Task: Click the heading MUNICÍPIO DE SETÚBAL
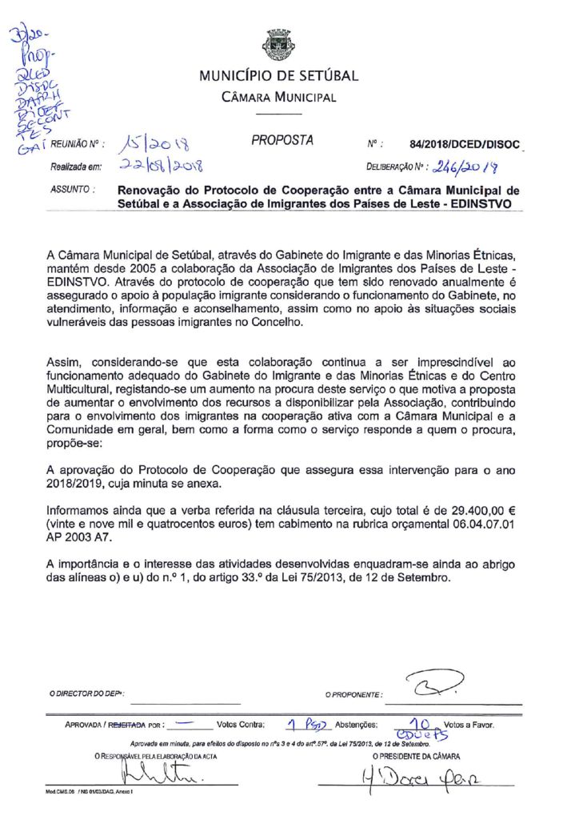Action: tap(278, 77)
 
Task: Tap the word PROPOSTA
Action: tap(282, 141)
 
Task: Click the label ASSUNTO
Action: tap(73, 191)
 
